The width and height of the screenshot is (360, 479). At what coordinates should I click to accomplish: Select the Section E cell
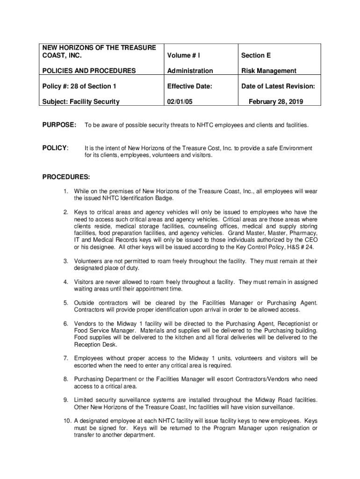point(256,56)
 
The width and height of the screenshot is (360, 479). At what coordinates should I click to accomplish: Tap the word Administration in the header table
point(190,71)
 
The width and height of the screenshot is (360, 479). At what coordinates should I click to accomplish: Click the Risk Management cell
point(268,71)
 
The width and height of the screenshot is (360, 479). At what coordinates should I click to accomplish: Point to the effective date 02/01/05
point(181,102)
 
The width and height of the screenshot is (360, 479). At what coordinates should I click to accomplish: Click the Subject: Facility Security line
point(81,102)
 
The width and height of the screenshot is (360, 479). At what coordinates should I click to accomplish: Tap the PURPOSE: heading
point(59,125)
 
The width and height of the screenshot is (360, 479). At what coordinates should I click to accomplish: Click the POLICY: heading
point(56,148)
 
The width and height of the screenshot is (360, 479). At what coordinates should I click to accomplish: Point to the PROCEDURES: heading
point(66,177)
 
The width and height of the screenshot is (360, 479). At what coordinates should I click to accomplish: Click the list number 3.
point(66,261)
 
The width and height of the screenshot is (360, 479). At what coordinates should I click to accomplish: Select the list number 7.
point(66,358)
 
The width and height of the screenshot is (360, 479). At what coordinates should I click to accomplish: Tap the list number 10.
point(67,421)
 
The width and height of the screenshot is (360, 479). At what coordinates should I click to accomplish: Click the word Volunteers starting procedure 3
point(89,261)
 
